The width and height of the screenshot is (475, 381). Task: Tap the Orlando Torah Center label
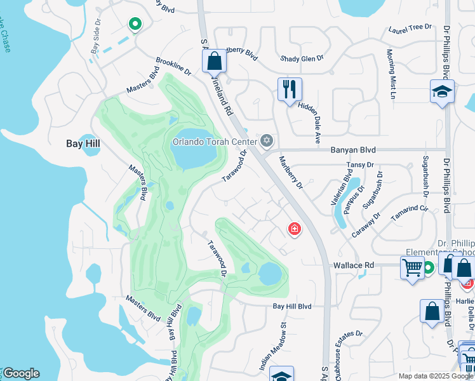click(x=215, y=141)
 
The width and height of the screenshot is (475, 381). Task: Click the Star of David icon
click(x=267, y=140)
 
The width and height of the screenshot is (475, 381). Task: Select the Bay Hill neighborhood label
click(x=83, y=144)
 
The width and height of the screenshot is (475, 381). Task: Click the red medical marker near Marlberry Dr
click(x=295, y=229)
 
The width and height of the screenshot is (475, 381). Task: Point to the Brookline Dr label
click(x=173, y=68)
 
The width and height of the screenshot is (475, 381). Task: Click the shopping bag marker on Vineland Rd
click(x=215, y=62)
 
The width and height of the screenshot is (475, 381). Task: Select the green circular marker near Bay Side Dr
click(x=135, y=25)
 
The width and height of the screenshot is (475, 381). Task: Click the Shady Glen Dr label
click(x=302, y=58)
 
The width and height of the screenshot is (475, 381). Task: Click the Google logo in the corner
click(x=21, y=373)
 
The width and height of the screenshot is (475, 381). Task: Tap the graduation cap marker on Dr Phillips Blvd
click(x=442, y=92)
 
